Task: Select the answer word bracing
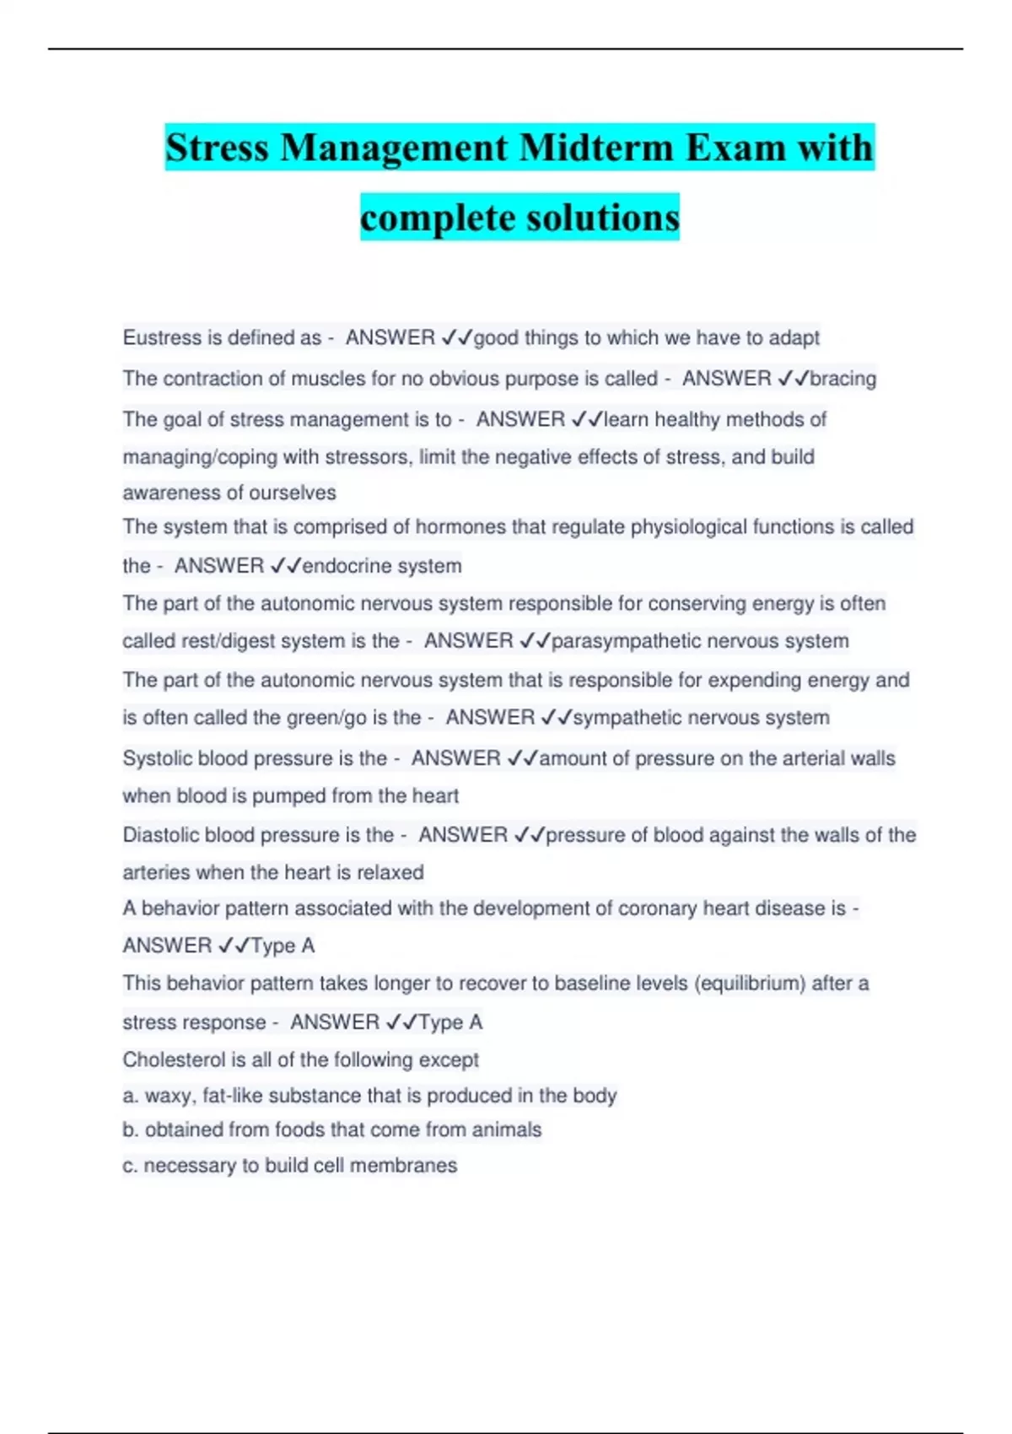tap(842, 379)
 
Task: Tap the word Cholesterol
tap(175, 1059)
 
